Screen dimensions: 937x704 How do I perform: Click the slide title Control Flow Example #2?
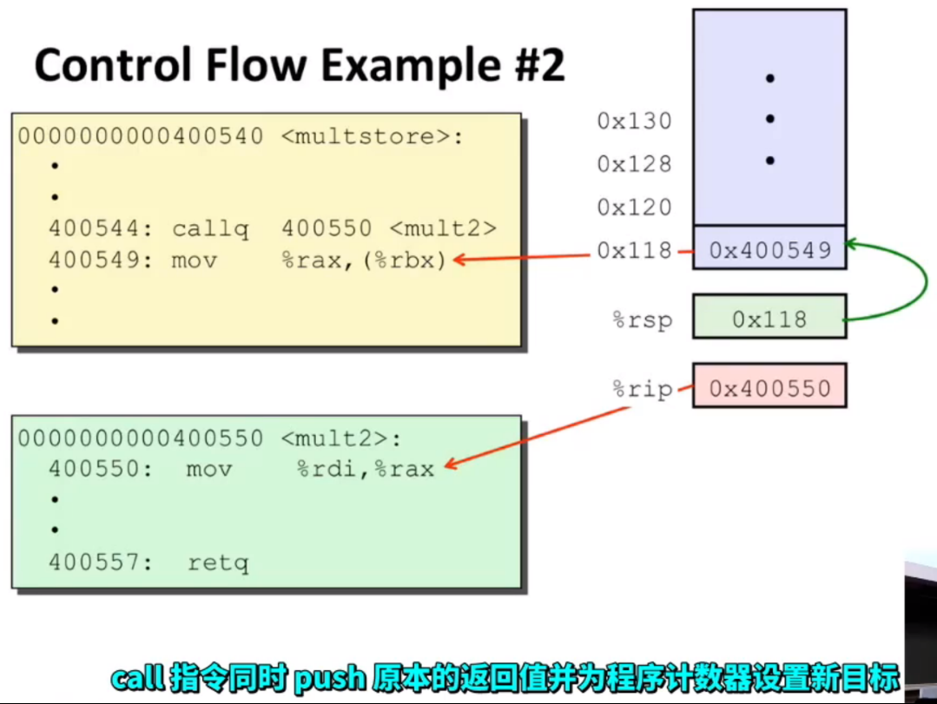pyautogui.click(x=300, y=65)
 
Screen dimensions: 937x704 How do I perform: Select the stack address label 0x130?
pyautogui.click(x=634, y=122)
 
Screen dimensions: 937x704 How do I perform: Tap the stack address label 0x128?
pyautogui.click(x=634, y=164)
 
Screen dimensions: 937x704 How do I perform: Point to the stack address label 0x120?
pyautogui.click(x=634, y=207)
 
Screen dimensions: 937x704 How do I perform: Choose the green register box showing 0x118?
pyautogui.click(x=769, y=317)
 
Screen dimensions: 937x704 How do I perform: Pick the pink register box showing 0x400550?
pyautogui.click(x=769, y=385)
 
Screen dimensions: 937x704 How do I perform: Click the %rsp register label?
pyautogui.click(x=643, y=320)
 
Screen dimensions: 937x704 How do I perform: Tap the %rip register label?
pyautogui.click(x=643, y=390)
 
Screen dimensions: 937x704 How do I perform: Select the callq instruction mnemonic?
pyautogui.click(x=210, y=229)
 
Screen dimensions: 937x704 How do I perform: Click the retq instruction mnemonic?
pyautogui.click(x=218, y=563)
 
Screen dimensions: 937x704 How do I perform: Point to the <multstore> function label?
pyautogui.click(x=371, y=137)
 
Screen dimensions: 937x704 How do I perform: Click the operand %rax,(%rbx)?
pyautogui.click(x=364, y=260)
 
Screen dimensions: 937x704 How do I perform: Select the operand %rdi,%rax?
pyautogui.click(x=365, y=470)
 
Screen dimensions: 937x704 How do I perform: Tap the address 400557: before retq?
pyautogui.click(x=101, y=563)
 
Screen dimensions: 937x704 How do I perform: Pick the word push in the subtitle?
pyautogui.click(x=329, y=679)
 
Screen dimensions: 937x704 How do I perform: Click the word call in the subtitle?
pyautogui.click(x=137, y=678)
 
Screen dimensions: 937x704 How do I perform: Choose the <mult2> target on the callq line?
pyautogui.click(x=443, y=228)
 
